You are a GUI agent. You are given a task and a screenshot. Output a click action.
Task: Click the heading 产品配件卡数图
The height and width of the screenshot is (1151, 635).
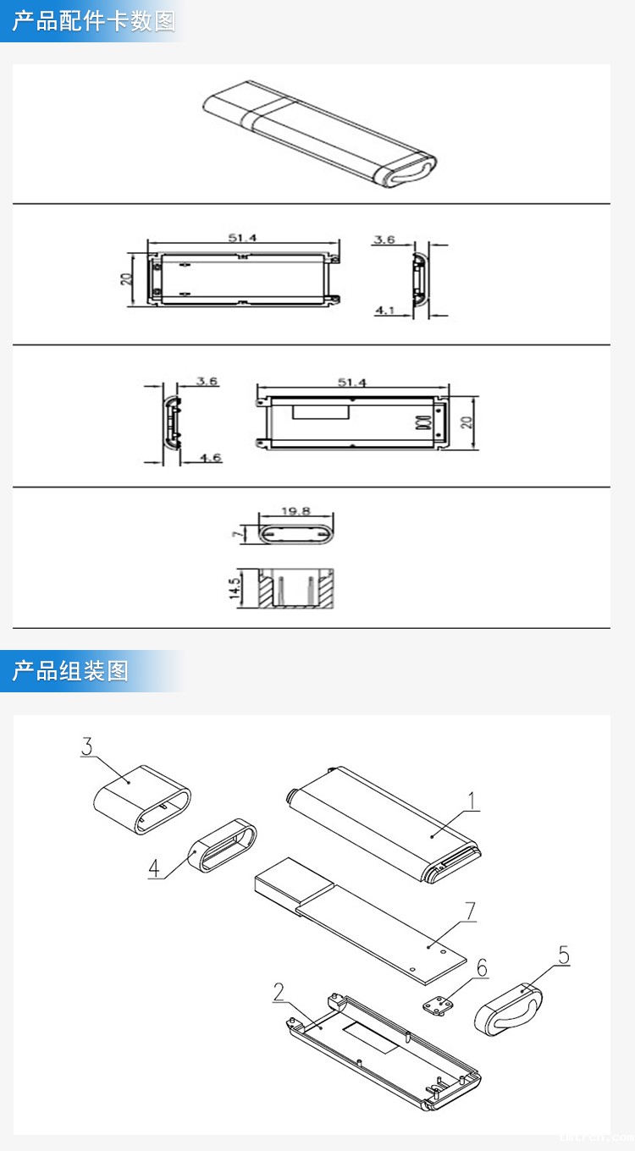93,21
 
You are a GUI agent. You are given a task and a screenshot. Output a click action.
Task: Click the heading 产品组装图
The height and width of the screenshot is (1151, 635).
70,671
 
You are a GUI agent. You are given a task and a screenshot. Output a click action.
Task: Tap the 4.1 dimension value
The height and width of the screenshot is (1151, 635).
385,311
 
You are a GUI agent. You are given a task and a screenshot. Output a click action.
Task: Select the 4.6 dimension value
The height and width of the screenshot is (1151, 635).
210,458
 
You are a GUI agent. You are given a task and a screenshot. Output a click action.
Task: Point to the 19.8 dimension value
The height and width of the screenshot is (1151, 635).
295,510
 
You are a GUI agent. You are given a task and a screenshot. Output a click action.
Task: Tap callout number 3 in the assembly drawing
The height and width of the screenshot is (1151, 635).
86,746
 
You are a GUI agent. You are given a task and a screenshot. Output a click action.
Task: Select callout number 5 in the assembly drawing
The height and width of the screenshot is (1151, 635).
563,955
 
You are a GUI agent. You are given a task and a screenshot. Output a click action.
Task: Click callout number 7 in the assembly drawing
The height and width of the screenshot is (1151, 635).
470,911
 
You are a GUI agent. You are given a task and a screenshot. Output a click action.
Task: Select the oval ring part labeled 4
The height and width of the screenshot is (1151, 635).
224,847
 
